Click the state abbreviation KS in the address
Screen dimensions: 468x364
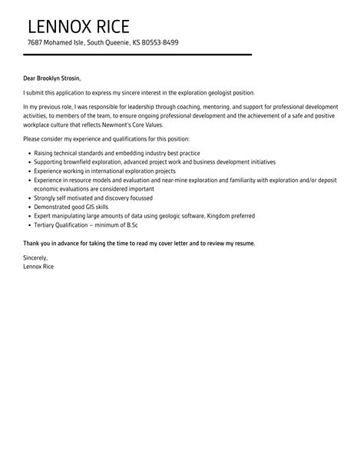[136, 42]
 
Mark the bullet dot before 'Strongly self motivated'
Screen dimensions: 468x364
[28, 198]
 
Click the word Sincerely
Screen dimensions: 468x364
[36, 258]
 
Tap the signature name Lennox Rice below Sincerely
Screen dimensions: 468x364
[38, 267]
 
